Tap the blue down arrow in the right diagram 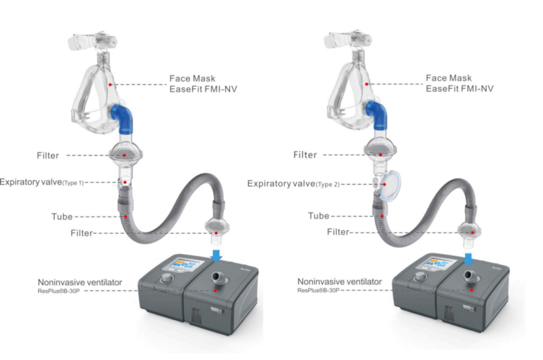click(468, 257)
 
